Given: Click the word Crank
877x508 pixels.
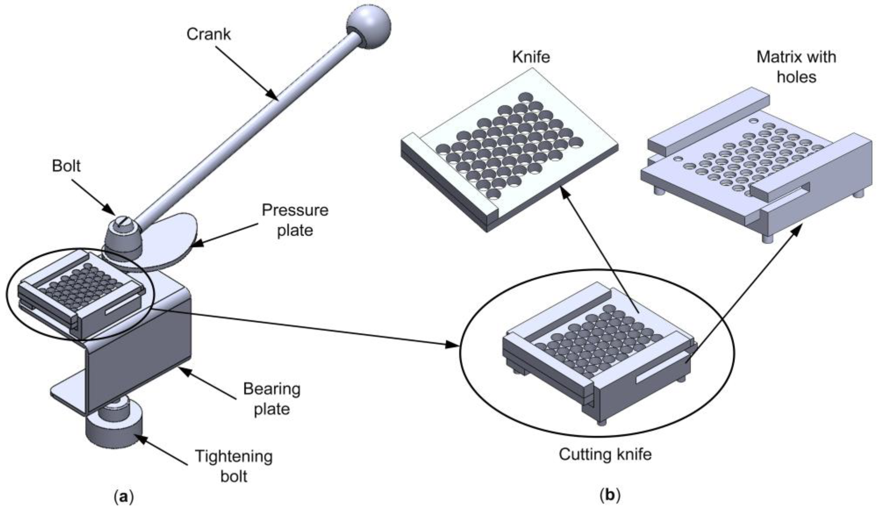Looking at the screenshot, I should point(208,34).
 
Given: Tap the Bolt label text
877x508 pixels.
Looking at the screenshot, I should point(66,166).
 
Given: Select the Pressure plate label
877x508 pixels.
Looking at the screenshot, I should point(295,220).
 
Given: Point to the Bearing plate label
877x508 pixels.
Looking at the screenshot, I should point(271,399).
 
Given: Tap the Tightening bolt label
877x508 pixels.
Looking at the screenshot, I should point(233,466).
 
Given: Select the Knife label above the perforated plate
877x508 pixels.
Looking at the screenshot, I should point(531,57).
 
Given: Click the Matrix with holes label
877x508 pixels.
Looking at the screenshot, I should point(796,67).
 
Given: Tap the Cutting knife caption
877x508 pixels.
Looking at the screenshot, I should point(605,455).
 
